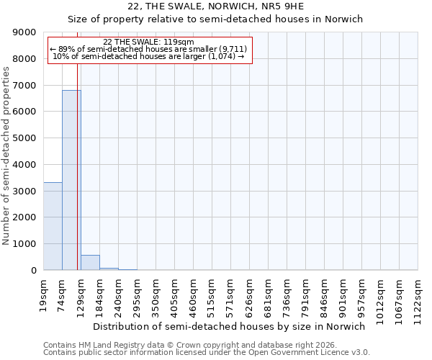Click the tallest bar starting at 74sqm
[71, 180]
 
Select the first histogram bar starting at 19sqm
[53, 226]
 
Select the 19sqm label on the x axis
[44, 292]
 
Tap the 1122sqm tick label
[418, 297]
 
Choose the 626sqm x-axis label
[250, 294]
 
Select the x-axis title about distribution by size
[230, 326]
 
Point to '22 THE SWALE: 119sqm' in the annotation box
[148, 42]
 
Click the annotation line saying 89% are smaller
[148, 49]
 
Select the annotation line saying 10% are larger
[148, 56]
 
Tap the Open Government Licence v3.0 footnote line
[207, 352]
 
